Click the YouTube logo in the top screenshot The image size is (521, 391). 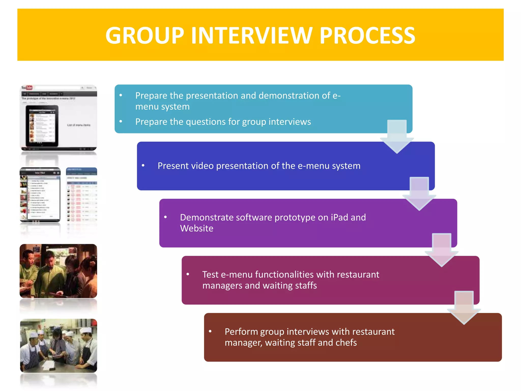coord(27,88)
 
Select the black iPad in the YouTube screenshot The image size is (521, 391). coord(42,126)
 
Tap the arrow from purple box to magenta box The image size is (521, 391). coord(441,250)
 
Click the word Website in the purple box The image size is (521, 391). coord(197,228)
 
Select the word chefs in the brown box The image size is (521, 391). coord(346,343)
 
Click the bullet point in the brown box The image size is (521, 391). coord(210,331)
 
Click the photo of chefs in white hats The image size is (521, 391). coord(59,346)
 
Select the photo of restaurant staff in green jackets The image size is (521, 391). coord(59,271)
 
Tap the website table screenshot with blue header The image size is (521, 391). coord(81,195)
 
